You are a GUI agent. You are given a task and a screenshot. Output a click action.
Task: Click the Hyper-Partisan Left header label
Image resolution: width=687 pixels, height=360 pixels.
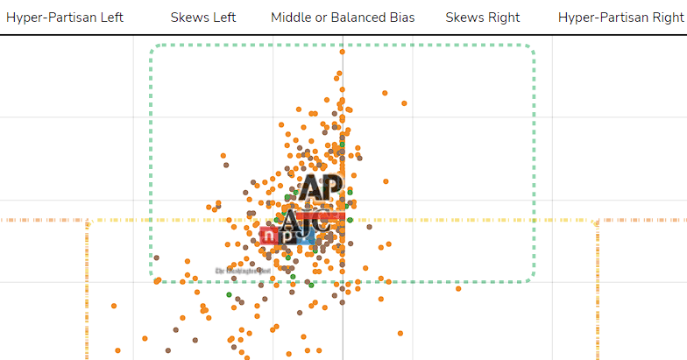click(x=65, y=18)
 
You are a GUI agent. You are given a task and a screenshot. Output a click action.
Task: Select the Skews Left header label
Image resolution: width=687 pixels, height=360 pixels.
click(x=203, y=18)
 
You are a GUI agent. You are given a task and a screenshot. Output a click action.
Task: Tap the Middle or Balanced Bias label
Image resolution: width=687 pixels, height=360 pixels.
click(x=343, y=18)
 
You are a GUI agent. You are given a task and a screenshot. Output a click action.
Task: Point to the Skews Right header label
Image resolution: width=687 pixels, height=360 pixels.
click(x=482, y=18)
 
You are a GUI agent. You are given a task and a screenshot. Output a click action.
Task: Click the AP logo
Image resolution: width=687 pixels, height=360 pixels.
click(x=319, y=188)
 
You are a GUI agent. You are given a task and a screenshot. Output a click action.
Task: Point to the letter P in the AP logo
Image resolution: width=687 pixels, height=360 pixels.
click(x=330, y=188)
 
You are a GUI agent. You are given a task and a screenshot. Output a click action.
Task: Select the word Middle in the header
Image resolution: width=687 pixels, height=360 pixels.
click(x=291, y=18)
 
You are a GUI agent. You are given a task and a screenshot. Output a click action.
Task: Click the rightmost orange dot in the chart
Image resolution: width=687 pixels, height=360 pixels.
click(x=458, y=288)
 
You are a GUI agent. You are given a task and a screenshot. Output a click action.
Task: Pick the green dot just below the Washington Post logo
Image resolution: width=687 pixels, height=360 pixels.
click(x=229, y=295)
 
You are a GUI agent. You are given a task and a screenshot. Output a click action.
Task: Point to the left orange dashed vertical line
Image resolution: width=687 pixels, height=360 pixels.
click(x=88, y=289)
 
